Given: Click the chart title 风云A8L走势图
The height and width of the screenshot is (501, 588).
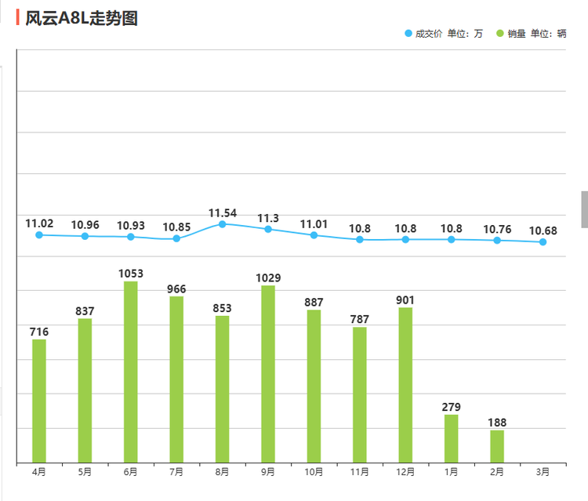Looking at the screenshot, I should (81, 18).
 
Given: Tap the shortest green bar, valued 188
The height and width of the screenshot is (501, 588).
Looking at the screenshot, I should (497, 446).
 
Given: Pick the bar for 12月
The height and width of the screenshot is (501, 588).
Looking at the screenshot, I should (405, 384).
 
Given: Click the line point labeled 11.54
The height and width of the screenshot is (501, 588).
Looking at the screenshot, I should (222, 224).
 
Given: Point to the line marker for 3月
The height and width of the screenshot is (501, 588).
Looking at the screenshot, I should (543, 242).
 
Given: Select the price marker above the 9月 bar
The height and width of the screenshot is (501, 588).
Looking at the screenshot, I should (268, 229).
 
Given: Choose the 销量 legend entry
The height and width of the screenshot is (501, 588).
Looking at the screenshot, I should (515, 34).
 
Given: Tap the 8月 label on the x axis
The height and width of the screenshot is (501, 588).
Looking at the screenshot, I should (222, 472).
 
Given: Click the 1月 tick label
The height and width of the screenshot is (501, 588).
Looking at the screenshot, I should (452, 472).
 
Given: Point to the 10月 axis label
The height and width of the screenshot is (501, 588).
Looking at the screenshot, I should (314, 472).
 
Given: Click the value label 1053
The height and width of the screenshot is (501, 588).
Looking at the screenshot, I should (131, 274).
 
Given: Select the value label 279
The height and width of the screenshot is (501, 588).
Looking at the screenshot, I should (452, 407).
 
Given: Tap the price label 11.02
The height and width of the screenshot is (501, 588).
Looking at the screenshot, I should (39, 223).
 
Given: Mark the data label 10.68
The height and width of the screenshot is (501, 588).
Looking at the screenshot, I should (543, 231).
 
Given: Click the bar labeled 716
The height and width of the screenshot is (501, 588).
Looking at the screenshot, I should (39, 401).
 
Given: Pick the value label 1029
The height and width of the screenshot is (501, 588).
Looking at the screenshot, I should (268, 278).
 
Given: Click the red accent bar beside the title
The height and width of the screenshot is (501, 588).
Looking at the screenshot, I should (18, 18).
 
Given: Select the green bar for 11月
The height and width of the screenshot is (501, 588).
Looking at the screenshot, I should (360, 394).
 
